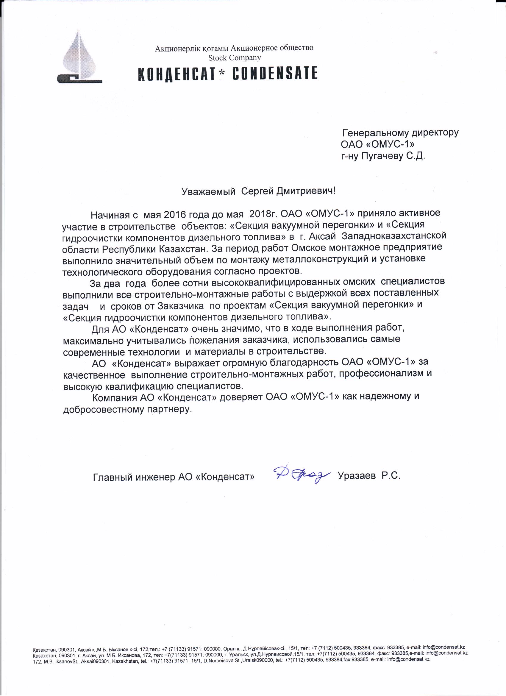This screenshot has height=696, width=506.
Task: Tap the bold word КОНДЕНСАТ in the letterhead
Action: (176, 74)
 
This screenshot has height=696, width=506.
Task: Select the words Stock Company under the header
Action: (235, 57)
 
